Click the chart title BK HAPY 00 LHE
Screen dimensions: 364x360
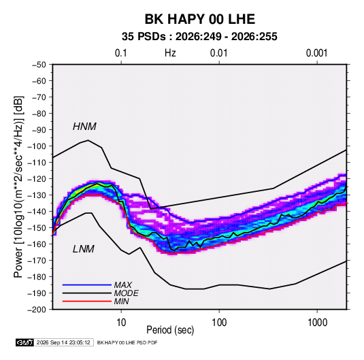(200, 19)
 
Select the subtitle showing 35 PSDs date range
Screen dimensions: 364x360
(199, 37)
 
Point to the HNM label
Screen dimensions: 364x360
(84, 127)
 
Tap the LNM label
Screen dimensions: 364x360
(84, 249)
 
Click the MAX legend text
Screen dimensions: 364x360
(122, 284)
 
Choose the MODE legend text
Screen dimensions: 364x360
(127, 293)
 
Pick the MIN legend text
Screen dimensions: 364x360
(121, 301)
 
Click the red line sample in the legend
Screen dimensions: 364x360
(87, 301)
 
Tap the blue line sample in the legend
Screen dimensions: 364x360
(87, 284)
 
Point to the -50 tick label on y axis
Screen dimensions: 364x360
(39, 65)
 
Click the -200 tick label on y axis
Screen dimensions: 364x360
(37, 310)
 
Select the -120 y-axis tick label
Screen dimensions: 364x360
(37, 179)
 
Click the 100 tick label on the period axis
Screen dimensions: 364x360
(219, 323)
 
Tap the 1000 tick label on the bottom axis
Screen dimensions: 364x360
(317, 323)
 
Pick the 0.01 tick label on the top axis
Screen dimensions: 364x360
(218, 53)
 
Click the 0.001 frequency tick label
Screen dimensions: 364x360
(316, 53)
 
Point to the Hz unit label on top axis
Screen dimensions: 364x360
(170, 53)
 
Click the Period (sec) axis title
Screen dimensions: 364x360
(170, 330)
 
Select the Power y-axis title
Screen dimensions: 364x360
(18, 187)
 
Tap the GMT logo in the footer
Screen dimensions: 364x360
(25, 342)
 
